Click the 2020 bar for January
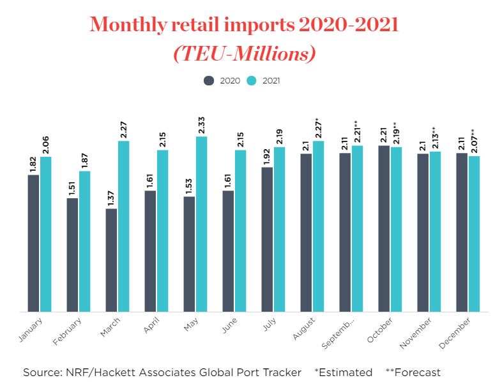pos(33,243)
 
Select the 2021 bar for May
pos(201,224)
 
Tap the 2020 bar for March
pos(111,260)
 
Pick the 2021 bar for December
pos(474,233)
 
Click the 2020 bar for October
pos(384,228)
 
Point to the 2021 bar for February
pos(85,241)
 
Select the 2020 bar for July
pos(267,239)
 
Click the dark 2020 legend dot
pos(209,81)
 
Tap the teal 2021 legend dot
pos(252,81)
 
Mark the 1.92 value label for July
pos(267,155)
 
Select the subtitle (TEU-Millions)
pos(245,54)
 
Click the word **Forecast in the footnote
pos(413,372)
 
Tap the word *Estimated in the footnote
pos(343,372)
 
